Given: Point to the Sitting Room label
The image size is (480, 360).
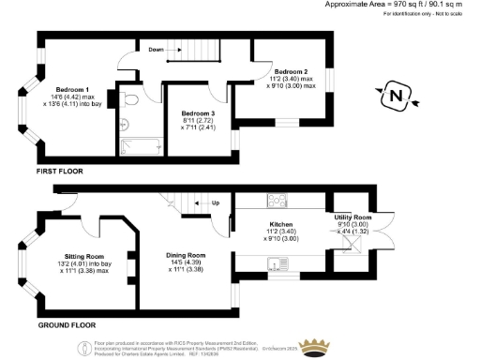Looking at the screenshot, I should (x=82, y=255).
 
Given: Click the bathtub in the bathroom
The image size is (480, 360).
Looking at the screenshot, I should (x=140, y=145).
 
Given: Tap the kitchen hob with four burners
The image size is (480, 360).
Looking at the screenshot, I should (x=277, y=199).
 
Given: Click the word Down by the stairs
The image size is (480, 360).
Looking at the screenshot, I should (x=157, y=50).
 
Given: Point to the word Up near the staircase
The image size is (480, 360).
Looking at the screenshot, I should (x=215, y=202).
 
